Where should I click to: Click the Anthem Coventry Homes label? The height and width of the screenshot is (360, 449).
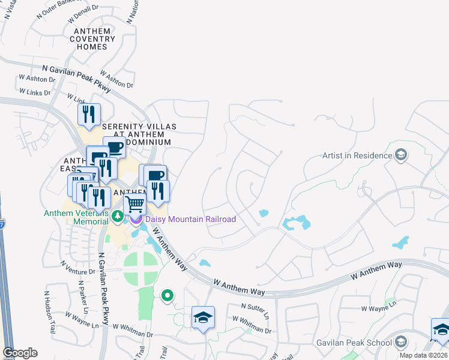92,39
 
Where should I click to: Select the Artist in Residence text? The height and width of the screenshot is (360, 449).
357,156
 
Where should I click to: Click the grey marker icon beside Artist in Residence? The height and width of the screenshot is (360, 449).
400,156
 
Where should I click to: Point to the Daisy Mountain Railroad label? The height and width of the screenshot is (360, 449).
190,219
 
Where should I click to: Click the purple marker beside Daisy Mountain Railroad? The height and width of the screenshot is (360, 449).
136,218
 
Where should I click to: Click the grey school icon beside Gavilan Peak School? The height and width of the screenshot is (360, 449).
400,343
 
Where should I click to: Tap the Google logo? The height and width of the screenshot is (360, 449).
20,353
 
